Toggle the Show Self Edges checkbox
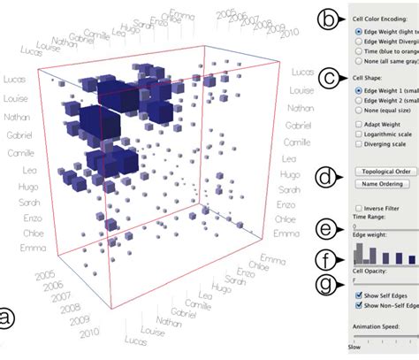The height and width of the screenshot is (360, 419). (x=357, y=295)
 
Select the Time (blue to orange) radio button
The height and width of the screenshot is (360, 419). (x=357, y=51)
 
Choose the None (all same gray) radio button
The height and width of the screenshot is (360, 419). (x=357, y=62)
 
